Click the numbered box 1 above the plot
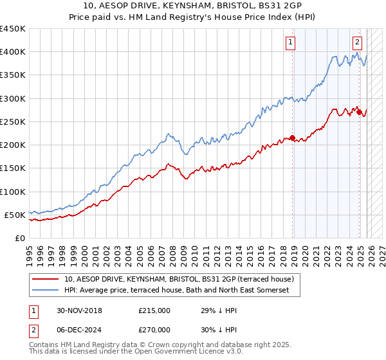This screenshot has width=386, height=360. coord(291,43)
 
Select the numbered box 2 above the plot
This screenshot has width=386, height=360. coord(357,43)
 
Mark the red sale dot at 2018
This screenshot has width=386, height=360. coord(292,138)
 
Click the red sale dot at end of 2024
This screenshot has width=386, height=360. coord(358,112)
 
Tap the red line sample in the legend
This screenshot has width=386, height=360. coord(46,279)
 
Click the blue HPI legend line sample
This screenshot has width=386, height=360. coord(46,291)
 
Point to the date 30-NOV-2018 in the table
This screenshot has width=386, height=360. coord(79,310)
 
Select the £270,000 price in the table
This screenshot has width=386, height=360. coord(154,329)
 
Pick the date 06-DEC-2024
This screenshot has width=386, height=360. coord(79,329)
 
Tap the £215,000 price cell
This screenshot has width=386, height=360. coord(154,310)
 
